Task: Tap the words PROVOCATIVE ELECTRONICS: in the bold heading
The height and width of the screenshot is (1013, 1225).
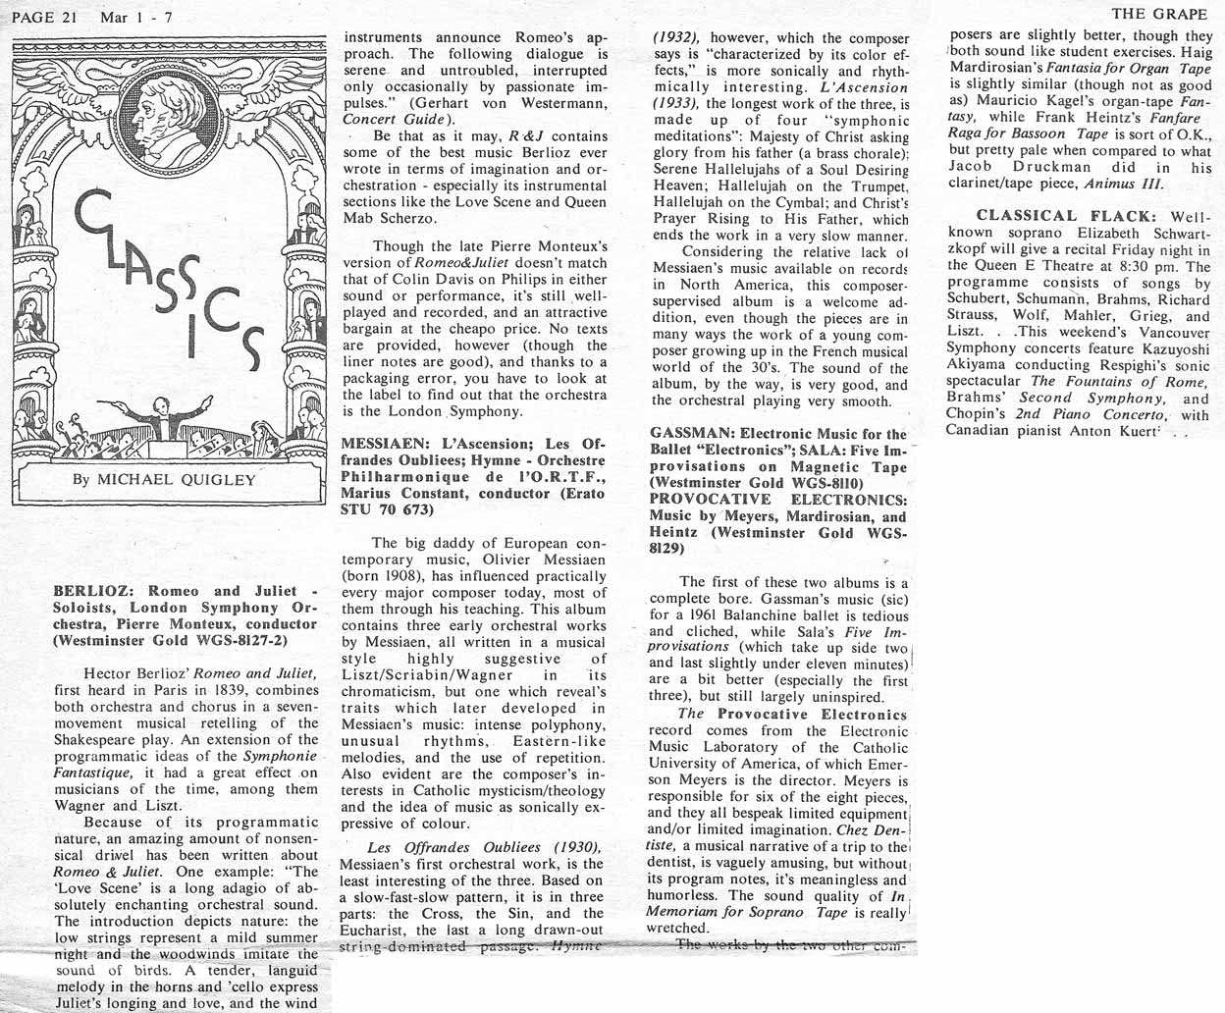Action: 778,500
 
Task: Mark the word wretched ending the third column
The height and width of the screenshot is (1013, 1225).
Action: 677,928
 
